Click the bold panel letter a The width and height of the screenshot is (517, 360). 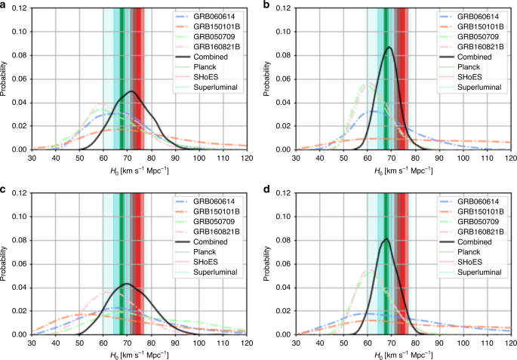tap(5, 5)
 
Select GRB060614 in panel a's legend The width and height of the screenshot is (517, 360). tap(214, 14)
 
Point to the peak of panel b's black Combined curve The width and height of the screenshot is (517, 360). tap(389, 48)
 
